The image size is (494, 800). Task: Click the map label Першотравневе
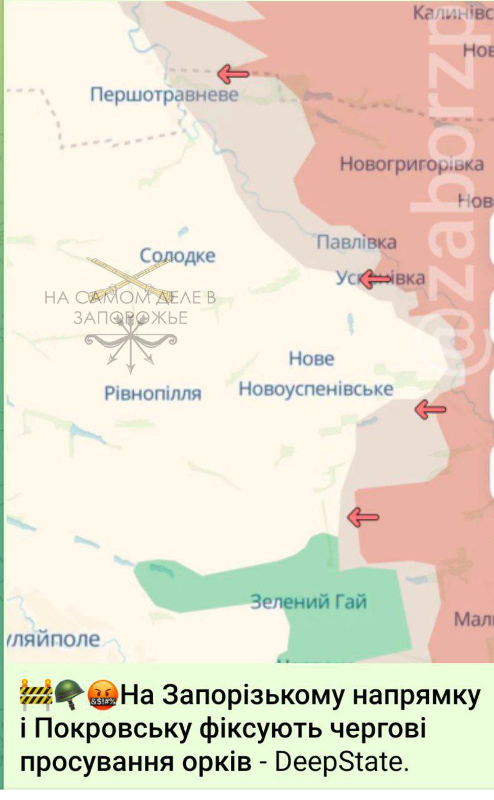[164, 95]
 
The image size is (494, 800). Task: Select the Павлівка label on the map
[357, 242]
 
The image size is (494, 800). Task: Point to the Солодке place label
[177, 256]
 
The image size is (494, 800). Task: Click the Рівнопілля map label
[153, 393]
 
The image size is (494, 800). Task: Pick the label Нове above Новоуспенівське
[312, 359]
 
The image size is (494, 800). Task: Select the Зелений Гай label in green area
[309, 602]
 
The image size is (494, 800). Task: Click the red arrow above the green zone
[363, 517]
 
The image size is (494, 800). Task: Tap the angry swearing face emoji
[102, 695]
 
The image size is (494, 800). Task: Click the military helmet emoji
[69, 695]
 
